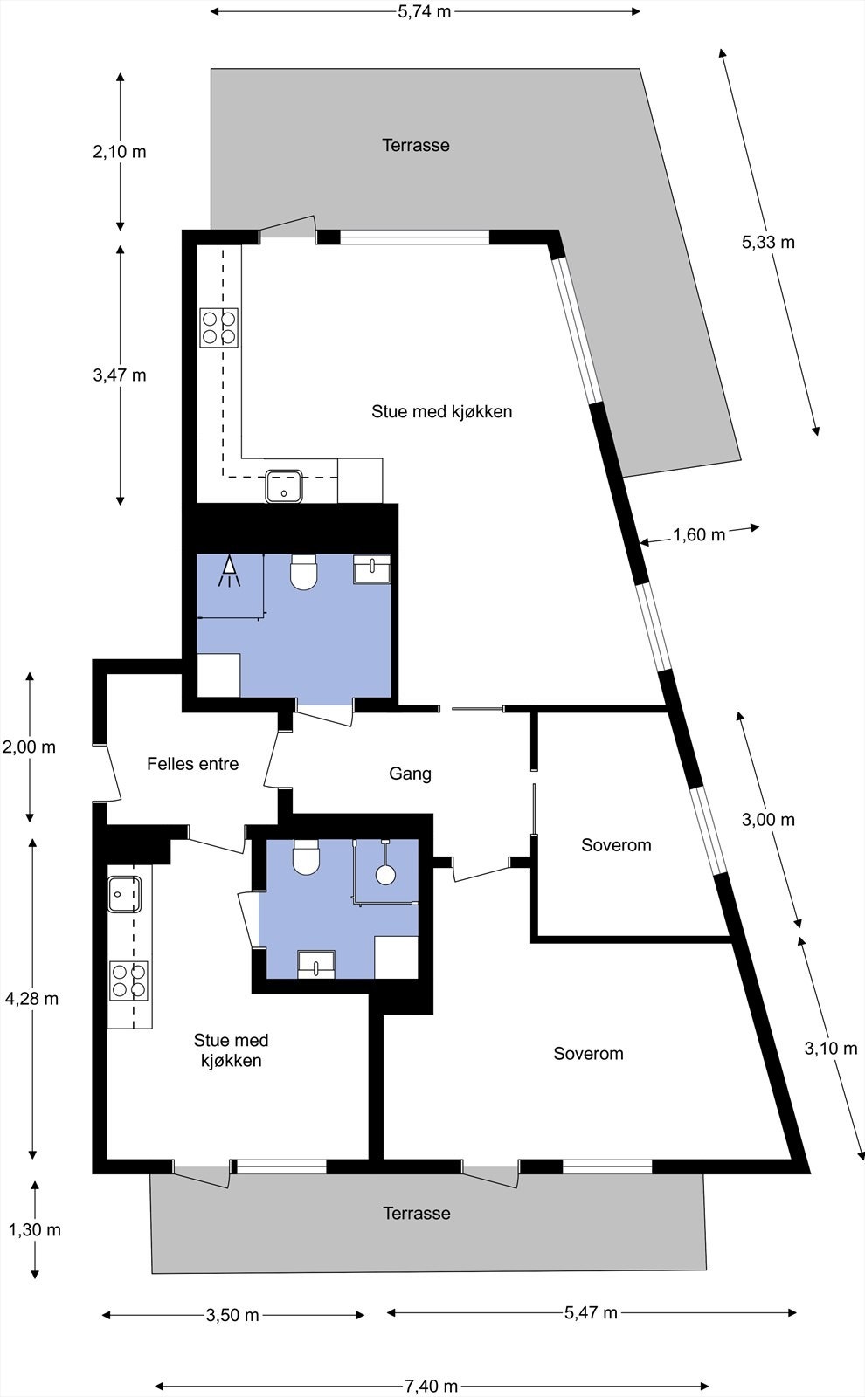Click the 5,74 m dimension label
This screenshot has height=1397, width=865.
pos(425,12)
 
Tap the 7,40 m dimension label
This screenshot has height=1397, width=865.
pos(432,1386)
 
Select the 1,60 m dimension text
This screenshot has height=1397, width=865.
pos(699,534)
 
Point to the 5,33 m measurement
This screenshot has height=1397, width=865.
pos(768,242)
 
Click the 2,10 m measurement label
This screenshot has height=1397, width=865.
pos(119,152)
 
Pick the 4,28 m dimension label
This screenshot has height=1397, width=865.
pos(31,999)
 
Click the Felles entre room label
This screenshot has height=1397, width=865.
pos(193,763)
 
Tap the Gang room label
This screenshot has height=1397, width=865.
pos(410,774)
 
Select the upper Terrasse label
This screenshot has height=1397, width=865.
pos(416,145)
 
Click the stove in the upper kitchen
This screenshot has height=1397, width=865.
pos(219,328)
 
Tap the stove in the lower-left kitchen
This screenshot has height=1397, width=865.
pos(129,981)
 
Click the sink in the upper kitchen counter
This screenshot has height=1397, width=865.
pos(284,486)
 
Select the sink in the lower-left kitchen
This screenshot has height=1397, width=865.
pos(124,894)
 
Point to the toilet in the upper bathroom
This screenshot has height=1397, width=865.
pos(304,572)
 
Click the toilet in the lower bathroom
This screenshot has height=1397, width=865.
pos(307,857)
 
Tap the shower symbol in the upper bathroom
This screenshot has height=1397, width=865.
pos(230,570)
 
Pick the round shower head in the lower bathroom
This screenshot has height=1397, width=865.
pos(385,874)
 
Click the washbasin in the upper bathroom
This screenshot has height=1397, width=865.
pos(372,568)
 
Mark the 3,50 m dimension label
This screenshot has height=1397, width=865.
pos(232,1315)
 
